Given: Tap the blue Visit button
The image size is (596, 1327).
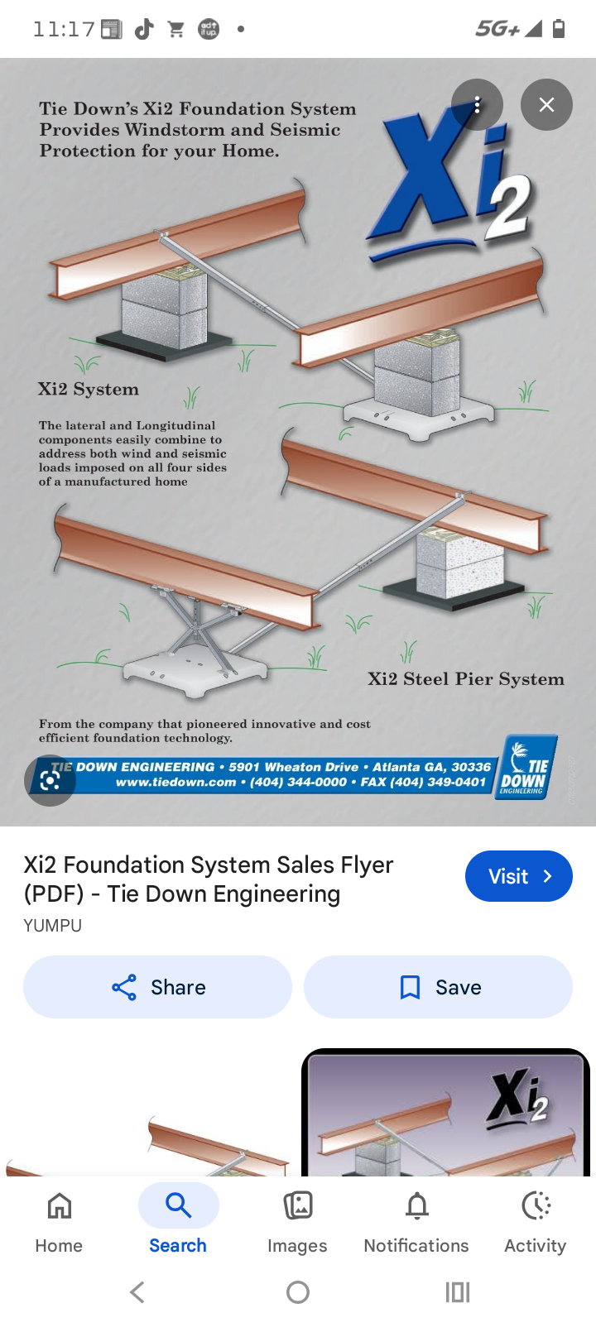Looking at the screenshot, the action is pyautogui.click(x=518, y=875).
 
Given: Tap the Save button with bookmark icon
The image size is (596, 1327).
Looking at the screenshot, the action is pyautogui.click(x=438, y=987).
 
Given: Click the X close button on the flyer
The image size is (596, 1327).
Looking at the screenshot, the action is pyautogui.click(x=546, y=105).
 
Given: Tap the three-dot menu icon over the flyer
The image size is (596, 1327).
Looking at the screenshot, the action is pyautogui.click(x=477, y=105).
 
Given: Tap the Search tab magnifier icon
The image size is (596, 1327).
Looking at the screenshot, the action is pyautogui.click(x=178, y=1205).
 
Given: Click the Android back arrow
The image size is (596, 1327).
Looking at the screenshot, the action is pyautogui.click(x=137, y=1292).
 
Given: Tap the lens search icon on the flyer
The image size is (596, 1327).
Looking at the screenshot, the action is pyautogui.click(x=50, y=780).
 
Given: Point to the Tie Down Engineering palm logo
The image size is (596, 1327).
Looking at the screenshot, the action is pyautogui.click(x=526, y=767).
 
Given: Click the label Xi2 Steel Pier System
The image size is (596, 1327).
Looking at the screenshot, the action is pyautogui.click(x=465, y=679).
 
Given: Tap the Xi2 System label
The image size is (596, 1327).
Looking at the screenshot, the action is pyautogui.click(x=89, y=389).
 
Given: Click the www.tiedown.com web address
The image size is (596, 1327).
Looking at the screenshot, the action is pyautogui.click(x=176, y=782).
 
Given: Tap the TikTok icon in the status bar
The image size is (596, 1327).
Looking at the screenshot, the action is pyautogui.click(x=144, y=28).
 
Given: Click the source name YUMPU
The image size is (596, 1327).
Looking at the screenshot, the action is pyautogui.click(x=52, y=926).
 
